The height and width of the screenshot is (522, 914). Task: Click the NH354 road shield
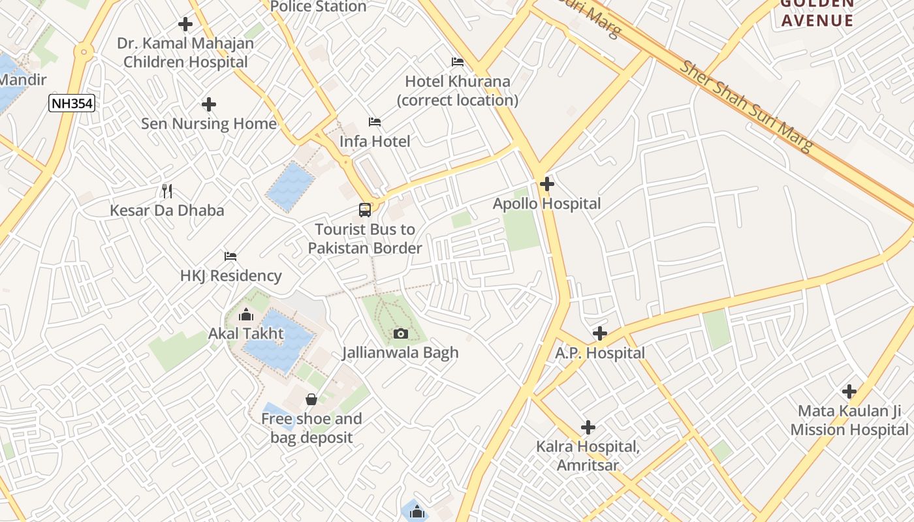72,102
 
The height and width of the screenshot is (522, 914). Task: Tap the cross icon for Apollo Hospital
547,185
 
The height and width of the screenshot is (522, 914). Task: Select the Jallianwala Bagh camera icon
401,334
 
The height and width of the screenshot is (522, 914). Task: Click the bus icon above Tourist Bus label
365,210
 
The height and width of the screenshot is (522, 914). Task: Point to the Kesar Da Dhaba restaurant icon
167,191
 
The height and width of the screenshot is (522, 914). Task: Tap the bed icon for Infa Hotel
375,122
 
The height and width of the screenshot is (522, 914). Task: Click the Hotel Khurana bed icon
458,62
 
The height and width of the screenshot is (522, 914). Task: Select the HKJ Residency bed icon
230,256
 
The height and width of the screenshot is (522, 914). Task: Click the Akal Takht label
246,334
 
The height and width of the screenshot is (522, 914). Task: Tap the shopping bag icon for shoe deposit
311,399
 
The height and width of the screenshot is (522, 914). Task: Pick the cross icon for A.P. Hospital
600,334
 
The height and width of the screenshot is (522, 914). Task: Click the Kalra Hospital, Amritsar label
588,456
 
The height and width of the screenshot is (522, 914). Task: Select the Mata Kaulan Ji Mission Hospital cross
849,391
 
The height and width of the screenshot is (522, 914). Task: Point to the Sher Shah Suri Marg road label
747,106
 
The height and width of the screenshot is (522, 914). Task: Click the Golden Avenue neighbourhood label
817,13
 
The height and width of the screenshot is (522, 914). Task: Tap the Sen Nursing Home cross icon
209,104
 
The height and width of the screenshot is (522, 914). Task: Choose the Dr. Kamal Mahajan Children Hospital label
185,53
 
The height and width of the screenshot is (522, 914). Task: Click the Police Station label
318,7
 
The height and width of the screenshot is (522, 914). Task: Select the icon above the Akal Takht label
246,315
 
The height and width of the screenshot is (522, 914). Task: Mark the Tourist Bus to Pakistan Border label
365,239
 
